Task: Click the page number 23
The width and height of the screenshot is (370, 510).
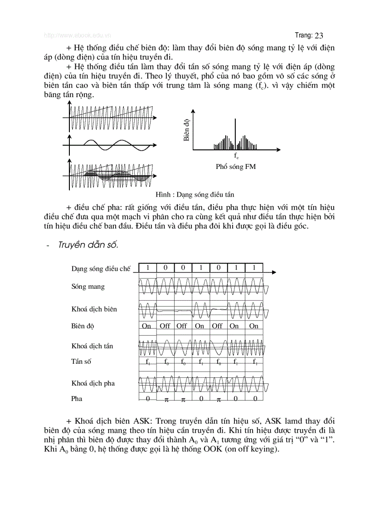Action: tap(319, 35)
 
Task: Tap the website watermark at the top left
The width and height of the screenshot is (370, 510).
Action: tap(77, 35)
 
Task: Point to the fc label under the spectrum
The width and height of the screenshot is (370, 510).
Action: tap(236, 156)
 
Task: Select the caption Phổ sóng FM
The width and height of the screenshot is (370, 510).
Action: tap(236, 167)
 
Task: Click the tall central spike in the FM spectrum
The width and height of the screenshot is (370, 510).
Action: tap(235, 134)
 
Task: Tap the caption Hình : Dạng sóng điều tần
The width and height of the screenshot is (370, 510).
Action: tap(195, 194)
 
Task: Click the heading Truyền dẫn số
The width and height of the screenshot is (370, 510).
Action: tap(88, 245)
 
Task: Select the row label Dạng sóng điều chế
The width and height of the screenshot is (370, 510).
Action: tap(101, 268)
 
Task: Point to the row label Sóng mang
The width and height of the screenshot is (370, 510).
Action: tap(88, 287)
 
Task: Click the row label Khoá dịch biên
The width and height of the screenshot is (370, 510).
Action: tap(94, 309)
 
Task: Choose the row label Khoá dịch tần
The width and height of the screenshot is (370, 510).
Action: tap(92, 346)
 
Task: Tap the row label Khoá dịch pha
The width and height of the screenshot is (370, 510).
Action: tap(93, 383)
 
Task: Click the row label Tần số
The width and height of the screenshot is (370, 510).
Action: tap(81, 361)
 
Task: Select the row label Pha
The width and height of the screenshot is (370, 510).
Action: tap(77, 399)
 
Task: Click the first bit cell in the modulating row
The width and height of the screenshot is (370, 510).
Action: tap(147, 267)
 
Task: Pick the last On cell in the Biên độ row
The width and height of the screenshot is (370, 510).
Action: tap(254, 326)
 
